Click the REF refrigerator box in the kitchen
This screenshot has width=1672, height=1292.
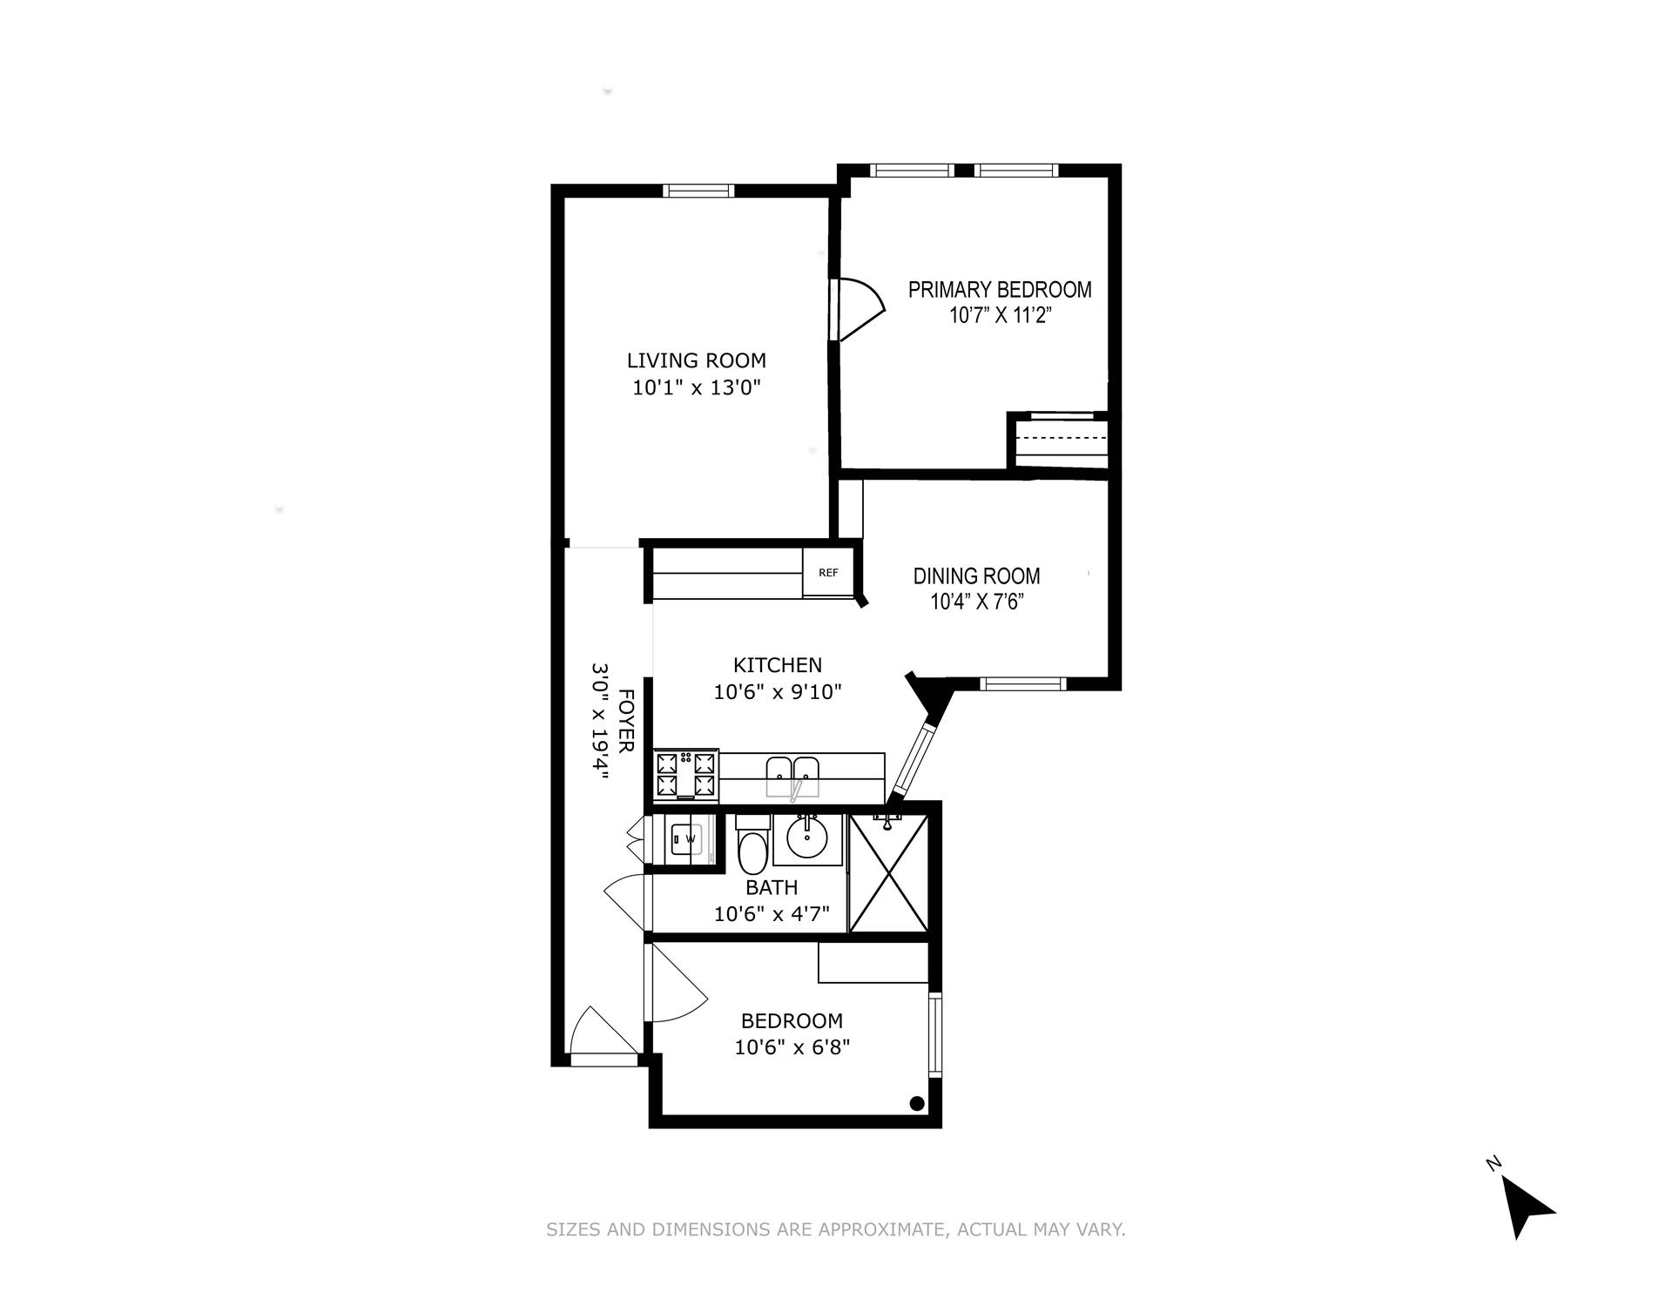tap(828, 573)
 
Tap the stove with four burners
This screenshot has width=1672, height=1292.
tap(686, 775)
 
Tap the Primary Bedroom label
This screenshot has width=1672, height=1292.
tap(1000, 290)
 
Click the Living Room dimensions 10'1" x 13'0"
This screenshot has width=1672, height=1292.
tap(697, 387)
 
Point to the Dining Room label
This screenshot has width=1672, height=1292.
tap(976, 575)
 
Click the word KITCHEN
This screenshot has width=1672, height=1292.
tap(777, 665)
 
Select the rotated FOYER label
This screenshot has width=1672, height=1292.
tap(625, 721)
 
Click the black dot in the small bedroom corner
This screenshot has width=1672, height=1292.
tap(916, 1103)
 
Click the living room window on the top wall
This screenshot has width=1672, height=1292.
tap(698, 191)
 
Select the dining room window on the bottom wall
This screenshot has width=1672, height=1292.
tap(1022, 684)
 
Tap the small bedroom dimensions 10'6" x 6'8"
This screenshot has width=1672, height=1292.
tap(792, 1046)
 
